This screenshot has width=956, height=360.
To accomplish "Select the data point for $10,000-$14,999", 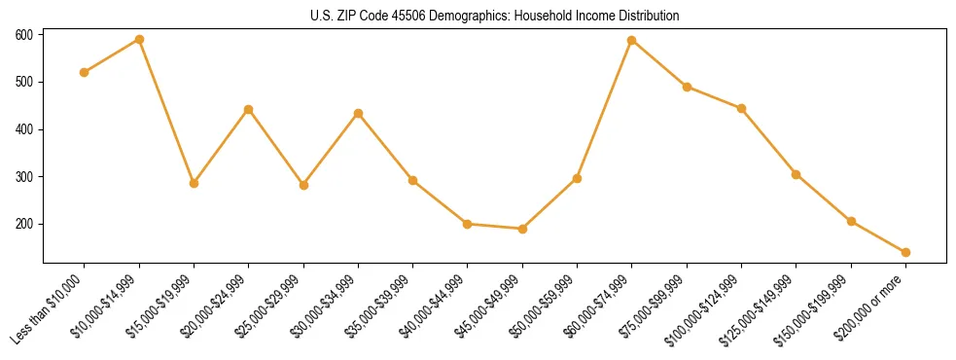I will (x=139, y=40).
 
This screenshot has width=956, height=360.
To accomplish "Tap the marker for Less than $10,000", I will (x=85, y=72).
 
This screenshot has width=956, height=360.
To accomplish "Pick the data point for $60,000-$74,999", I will (x=632, y=41).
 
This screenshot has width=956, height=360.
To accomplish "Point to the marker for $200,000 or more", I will (x=905, y=252).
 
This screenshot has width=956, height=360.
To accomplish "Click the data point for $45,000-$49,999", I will (x=522, y=229).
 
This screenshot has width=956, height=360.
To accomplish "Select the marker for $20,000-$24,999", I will (x=249, y=109).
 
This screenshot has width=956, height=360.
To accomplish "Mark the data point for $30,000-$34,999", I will (x=358, y=113).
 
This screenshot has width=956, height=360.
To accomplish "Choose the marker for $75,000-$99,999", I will (x=687, y=87).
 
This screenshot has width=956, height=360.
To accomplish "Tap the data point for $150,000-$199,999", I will (x=851, y=221).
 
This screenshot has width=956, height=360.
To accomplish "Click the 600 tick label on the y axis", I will (x=24, y=35).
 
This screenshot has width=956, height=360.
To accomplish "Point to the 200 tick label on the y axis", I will (x=24, y=224).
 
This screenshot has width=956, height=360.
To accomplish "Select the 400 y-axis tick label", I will (x=24, y=129).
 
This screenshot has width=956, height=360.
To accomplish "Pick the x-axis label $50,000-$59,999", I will (x=542, y=309).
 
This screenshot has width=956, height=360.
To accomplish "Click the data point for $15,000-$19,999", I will (x=194, y=183).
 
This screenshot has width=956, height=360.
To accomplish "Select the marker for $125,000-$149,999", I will (x=796, y=174).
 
